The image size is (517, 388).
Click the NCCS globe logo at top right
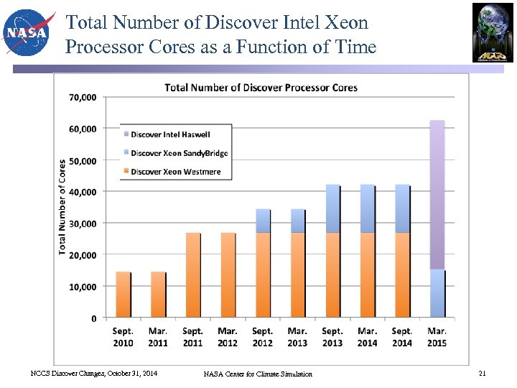[x=493, y=32]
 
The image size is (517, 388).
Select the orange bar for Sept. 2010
[x=124, y=295]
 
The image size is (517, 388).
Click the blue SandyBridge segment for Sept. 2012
[x=263, y=221]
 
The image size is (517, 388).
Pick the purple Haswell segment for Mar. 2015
[x=437, y=194]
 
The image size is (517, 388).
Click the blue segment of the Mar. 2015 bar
[x=437, y=293]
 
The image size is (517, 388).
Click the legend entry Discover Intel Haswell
[x=170, y=134]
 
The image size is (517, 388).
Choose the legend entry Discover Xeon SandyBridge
[x=179, y=153]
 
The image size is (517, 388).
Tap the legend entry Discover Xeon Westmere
[x=176, y=172]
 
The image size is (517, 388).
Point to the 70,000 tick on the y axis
[x=83, y=97]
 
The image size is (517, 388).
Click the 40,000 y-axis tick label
[x=83, y=192]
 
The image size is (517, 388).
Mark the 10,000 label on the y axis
[x=83, y=287]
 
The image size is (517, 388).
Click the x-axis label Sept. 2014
[x=402, y=337]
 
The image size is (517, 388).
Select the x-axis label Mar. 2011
[x=158, y=337]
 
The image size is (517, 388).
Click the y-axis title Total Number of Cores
[x=63, y=206]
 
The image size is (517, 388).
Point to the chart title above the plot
[x=261, y=88]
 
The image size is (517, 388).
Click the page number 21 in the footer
[x=482, y=373]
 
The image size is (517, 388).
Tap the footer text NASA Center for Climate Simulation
[x=258, y=374]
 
